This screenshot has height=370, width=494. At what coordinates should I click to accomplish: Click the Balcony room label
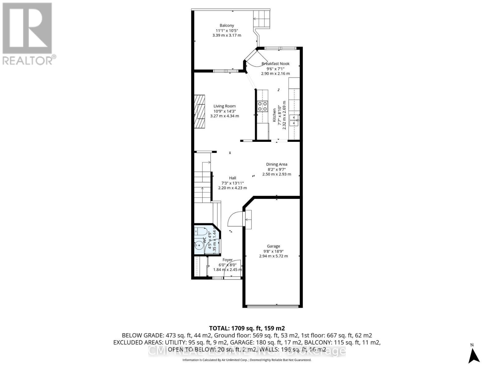(227, 26)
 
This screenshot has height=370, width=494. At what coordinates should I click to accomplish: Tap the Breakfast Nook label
(275, 64)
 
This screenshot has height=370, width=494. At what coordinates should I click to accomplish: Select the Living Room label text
(224, 106)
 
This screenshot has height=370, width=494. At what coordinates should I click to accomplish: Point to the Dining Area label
(277, 164)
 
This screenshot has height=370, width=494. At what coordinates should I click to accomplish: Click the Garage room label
(274, 246)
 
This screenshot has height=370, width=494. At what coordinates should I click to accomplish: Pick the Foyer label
(228, 260)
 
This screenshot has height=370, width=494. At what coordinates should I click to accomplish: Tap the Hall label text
(232, 178)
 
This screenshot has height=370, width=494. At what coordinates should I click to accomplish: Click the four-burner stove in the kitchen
(262, 106)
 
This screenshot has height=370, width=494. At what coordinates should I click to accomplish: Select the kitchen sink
(294, 120)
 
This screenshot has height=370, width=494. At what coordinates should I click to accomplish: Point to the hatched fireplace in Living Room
(199, 111)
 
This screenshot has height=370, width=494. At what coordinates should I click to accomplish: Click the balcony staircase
(262, 18)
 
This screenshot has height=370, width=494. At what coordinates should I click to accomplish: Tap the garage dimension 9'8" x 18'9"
(274, 251)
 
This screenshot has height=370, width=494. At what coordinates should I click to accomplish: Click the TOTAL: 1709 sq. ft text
(247, 328)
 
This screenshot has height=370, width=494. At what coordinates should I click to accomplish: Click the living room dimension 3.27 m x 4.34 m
(224, 116)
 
